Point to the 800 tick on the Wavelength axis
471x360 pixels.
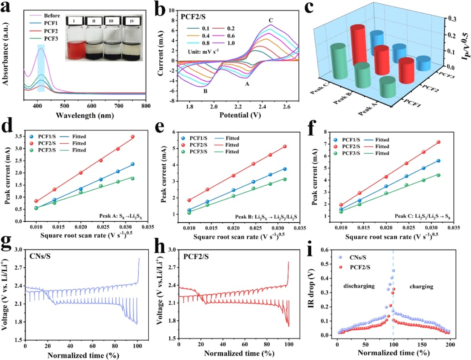[x=146, y=105]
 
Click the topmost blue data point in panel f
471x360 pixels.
[x=439, y=161]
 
